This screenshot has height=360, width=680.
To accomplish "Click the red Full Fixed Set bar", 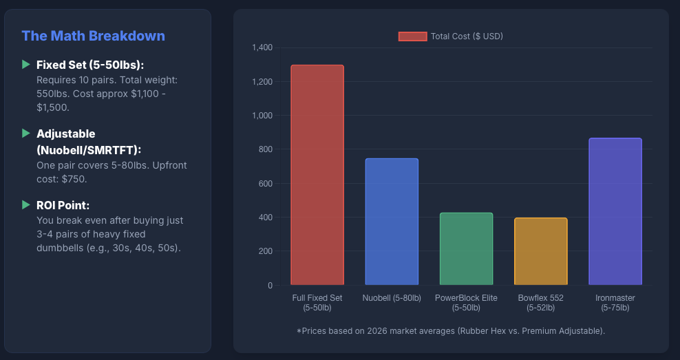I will click(317, 175).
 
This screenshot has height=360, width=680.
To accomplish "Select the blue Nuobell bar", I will click(391, 222).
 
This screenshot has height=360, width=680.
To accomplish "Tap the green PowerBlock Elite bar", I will click(466, 248).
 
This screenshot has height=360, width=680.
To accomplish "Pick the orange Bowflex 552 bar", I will click(540, 251).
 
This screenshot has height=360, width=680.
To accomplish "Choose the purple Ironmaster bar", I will click(615, 211).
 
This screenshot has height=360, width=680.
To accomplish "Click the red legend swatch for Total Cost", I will click(412, 36).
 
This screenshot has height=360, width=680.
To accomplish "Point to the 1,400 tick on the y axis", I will click(262, 47).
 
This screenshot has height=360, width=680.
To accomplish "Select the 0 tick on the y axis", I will click(270, 285).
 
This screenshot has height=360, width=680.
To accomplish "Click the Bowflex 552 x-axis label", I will click(540, 302).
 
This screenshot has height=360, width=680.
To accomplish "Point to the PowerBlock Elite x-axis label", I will click(466, 302).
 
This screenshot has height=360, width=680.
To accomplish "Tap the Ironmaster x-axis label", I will click(615, 302).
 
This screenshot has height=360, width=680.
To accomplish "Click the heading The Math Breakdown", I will click(93, 36).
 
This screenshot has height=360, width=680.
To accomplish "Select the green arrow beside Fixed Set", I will click(26, 64).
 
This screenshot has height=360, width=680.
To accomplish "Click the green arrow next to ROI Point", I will click(26, 204).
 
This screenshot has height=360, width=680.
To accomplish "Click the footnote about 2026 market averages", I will click(451, 331).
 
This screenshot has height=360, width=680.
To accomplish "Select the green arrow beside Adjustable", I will click(26, 133).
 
